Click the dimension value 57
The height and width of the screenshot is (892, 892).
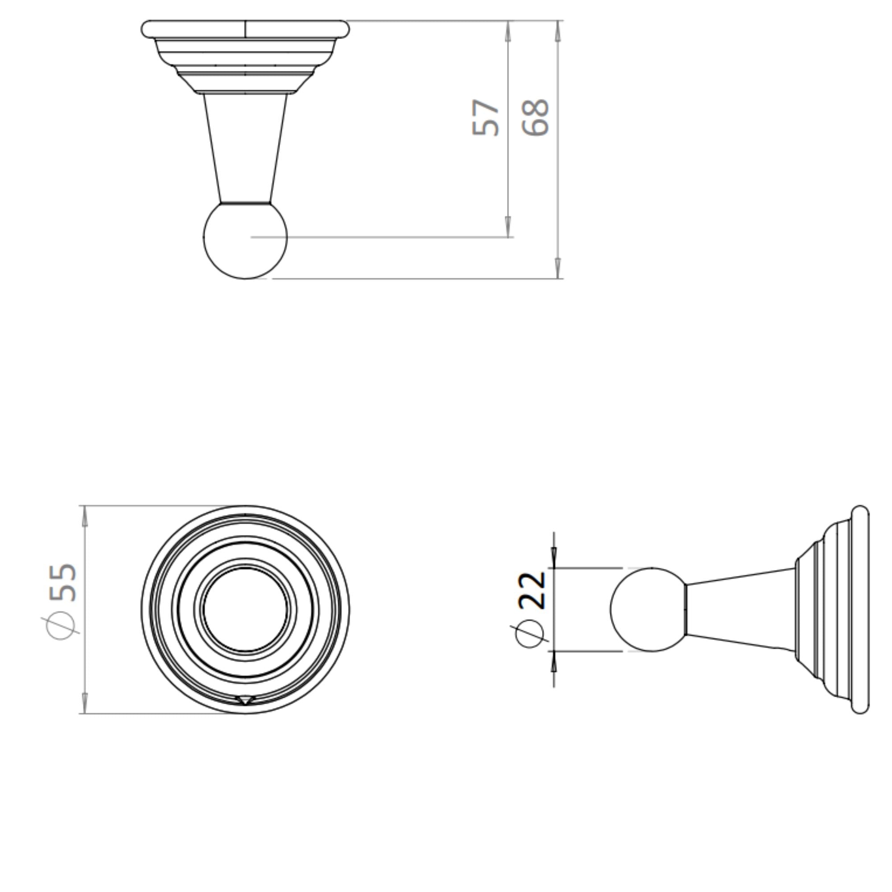point(485,117)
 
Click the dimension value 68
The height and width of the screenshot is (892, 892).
point(536,117)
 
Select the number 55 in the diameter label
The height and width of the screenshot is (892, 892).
point(63,582)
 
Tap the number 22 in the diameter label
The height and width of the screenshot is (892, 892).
point(533,590)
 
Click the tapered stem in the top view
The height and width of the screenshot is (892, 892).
point(245,148)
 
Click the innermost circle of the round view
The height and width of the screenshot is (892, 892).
point(245,609)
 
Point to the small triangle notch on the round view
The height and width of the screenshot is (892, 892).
point(245,700)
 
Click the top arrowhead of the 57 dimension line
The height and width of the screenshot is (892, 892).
point(508,29)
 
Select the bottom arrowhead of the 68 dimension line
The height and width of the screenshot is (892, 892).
point(558,270)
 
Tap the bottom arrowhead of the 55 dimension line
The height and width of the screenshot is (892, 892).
point(84,705)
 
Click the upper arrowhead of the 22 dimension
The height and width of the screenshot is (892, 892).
point(554,557)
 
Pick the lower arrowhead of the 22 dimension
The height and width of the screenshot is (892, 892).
point(554,663)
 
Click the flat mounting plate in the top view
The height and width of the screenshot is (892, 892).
point(245,29)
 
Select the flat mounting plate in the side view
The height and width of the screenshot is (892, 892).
point(860,609)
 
